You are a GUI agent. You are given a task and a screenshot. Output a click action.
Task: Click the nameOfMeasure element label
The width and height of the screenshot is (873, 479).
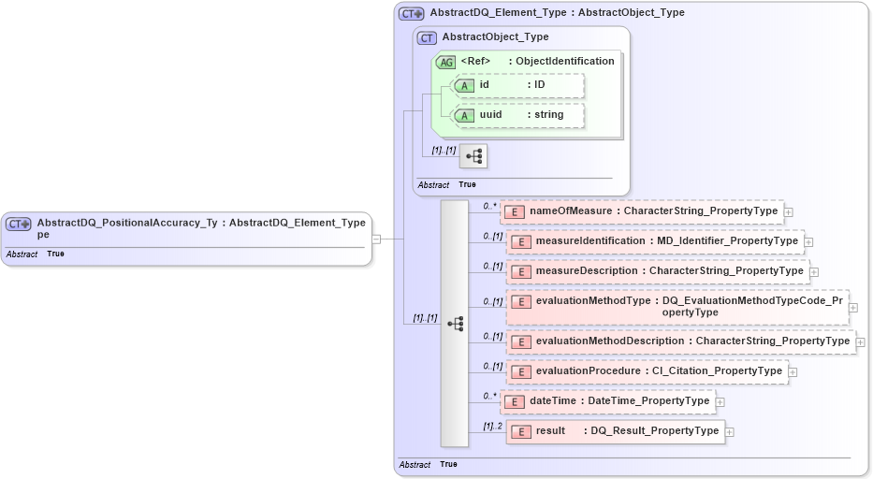point(572,211)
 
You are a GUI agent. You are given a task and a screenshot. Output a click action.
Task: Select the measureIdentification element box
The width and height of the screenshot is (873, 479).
point(654,241)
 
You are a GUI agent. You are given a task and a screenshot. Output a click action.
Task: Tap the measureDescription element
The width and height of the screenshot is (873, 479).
point(656,271)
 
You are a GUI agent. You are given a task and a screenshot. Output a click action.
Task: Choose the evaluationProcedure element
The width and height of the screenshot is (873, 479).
point(647,371)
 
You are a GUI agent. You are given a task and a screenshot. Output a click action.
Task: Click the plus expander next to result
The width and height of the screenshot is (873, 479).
point(730,432)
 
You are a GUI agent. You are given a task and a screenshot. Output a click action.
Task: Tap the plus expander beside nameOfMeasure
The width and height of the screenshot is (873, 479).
point(788,212)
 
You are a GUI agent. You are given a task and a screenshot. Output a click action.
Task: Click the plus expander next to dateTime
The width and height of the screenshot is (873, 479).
point(720,402)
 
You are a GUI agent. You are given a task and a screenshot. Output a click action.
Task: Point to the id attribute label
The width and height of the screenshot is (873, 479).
point(485,85)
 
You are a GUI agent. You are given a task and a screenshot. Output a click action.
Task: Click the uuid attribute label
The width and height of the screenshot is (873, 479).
point(490,115)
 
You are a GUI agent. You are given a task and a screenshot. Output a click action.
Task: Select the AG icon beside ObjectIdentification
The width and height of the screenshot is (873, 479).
point(446,62)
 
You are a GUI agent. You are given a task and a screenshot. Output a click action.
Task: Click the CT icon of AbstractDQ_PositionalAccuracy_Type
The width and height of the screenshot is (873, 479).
point(18,224)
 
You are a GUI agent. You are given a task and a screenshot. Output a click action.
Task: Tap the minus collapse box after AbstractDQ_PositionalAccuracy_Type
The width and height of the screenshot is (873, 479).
point(376,239)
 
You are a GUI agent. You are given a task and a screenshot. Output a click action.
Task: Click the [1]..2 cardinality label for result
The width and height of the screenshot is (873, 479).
point(492,426)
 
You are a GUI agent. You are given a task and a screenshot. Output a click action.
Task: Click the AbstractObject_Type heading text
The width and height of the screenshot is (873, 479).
point(495,37)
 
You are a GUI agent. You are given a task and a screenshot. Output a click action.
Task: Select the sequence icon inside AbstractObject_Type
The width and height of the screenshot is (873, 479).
point(473,155)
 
